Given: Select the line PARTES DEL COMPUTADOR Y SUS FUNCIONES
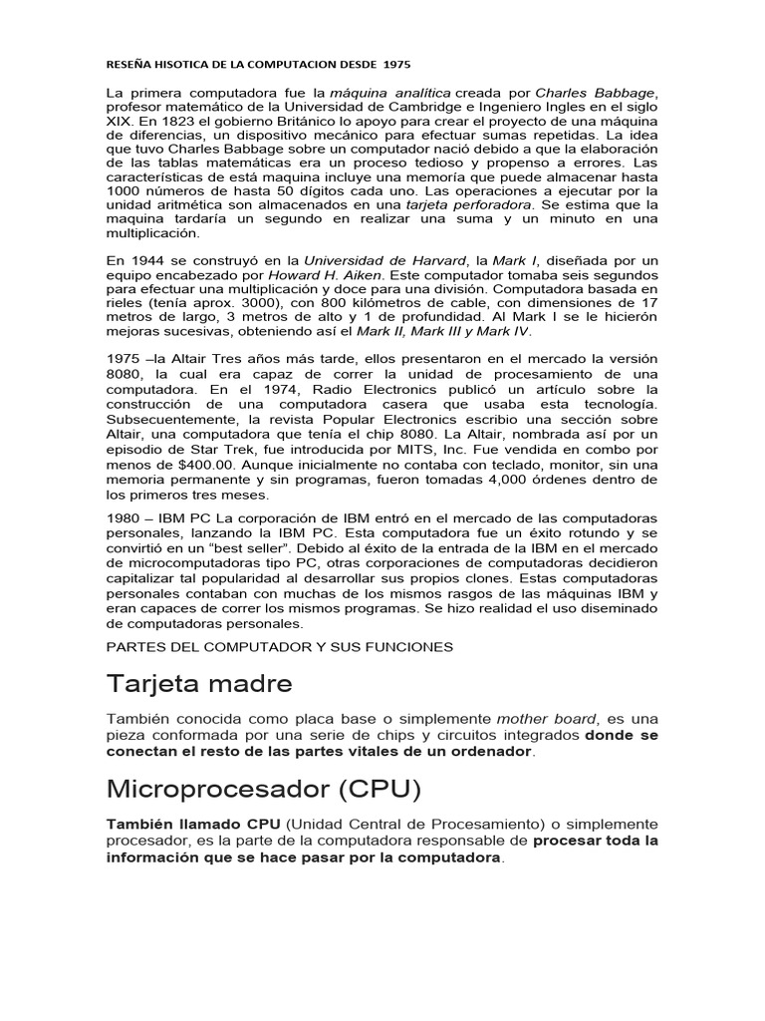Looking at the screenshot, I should pos(279,647).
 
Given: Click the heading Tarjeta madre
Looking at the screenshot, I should pos(199,685).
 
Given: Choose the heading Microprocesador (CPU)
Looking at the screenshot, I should pos(264,790).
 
